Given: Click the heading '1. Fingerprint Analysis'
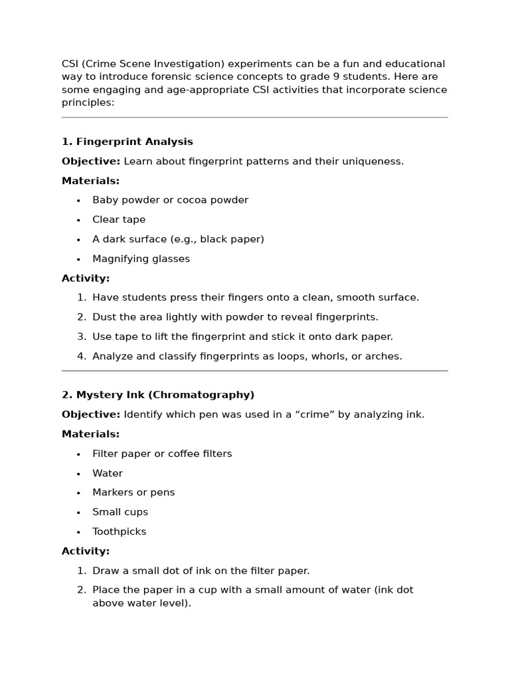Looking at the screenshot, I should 127,142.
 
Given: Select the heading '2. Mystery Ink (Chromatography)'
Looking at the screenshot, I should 158,395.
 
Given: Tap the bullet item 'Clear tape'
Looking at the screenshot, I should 119,219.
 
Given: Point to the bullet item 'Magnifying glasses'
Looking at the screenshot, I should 141,259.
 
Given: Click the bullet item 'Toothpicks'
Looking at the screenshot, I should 119,531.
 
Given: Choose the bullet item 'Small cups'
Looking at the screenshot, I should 120,512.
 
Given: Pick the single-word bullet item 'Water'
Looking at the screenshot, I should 108,474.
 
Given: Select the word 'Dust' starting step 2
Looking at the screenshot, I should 104,317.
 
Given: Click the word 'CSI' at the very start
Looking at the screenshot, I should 70,64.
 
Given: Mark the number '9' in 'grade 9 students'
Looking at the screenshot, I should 387,77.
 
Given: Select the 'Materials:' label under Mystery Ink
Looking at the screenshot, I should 91,434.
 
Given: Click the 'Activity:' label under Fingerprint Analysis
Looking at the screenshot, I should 86,278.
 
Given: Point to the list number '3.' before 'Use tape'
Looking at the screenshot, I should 82,337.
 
